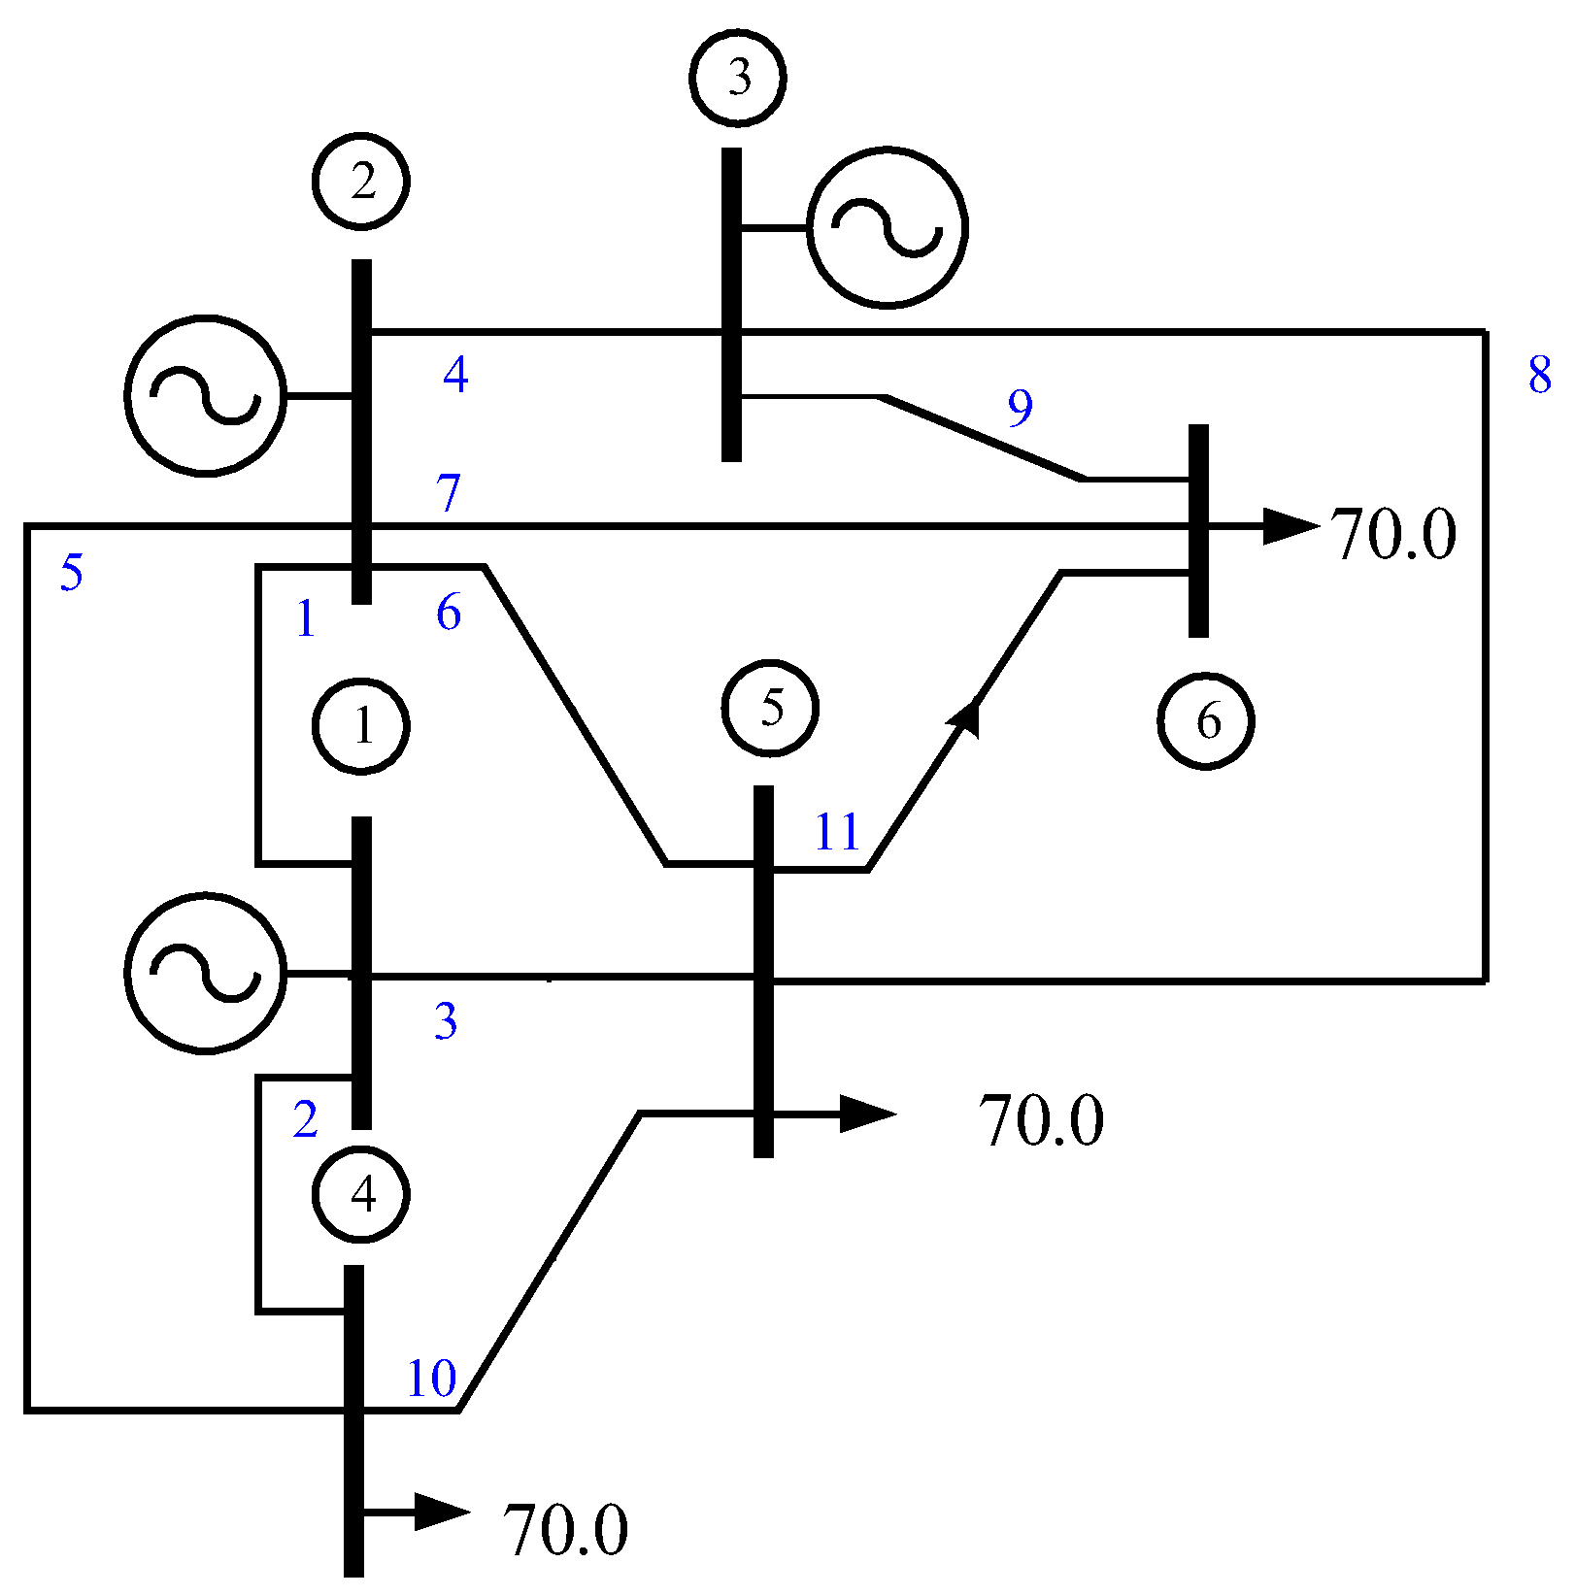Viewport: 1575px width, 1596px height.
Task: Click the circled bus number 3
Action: [737, 78]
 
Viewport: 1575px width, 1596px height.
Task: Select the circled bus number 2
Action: [361, 182]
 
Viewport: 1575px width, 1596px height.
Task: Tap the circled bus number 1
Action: [361, 725]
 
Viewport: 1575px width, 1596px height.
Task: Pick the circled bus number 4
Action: [361, 1194]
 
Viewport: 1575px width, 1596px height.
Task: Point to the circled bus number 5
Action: [770, 708]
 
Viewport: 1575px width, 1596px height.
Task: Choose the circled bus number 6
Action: [1206, 721]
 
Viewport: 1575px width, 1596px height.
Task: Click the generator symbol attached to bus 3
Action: [887, 228]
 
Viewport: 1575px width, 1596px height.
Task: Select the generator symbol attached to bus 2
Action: [206, 395]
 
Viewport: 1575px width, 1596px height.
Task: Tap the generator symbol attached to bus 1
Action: [206, 972]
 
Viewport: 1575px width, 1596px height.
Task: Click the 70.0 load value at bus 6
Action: [1392, 535]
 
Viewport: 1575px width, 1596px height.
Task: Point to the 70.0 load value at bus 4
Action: [565, 1531]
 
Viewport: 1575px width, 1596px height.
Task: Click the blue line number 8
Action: [1539, 376]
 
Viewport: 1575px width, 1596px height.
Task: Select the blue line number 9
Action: [1020, 408]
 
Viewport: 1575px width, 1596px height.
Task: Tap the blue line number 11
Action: [837, 832]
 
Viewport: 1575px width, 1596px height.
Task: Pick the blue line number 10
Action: [431, 1379]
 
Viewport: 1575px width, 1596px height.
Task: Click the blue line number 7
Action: [448, 493]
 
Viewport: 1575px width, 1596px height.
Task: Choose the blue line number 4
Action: [455, 374]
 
